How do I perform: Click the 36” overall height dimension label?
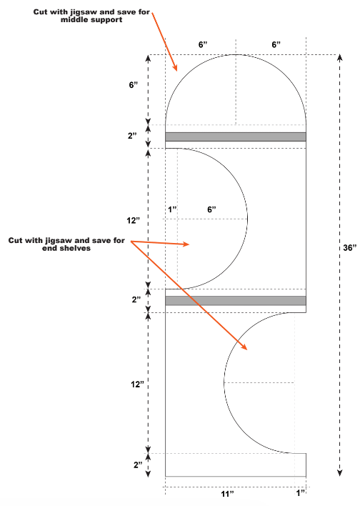[350, 248]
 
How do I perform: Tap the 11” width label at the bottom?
[227, 494]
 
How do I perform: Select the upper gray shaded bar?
[236, 137]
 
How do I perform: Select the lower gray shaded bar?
[236, 301]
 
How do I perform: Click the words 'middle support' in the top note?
[91, 20]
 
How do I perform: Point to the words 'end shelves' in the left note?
[66, 248]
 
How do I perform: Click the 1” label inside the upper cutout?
[173, 209]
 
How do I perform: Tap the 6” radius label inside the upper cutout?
[211, 209]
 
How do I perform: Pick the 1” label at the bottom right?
[301, 492]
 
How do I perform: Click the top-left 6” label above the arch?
[203, 44]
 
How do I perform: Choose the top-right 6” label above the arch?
[276, 44]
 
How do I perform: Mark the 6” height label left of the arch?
[134, 85]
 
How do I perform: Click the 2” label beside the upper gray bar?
[132, 136]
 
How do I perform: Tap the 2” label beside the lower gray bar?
[136, 299]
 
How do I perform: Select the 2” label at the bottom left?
[138, 465]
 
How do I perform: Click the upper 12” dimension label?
[134, 221]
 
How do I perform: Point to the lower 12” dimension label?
[137, 385]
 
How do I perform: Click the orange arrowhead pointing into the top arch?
[174, 66]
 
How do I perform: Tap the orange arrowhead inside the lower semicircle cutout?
[244, 346]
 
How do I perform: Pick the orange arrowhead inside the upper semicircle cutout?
[185, 244]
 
